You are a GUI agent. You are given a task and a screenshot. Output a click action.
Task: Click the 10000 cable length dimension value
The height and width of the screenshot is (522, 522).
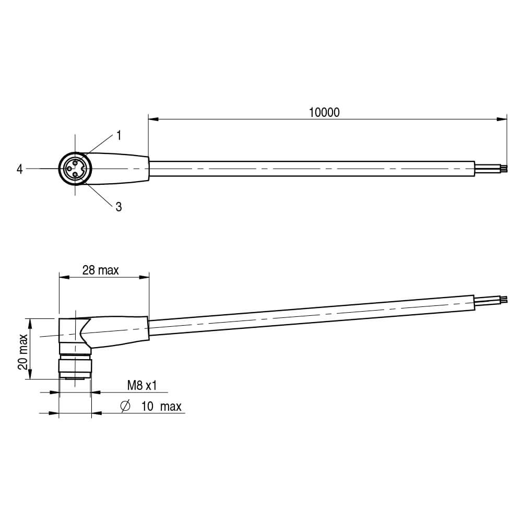(324, 113)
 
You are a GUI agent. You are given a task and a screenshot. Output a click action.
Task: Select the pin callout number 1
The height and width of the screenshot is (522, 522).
(118, 136)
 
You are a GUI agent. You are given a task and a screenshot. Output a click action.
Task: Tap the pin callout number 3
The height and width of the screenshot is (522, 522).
(118, 207)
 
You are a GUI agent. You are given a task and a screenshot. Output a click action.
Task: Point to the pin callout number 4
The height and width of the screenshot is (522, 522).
(20, 169)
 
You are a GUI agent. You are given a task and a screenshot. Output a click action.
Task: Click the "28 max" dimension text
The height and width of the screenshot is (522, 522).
(101, 270)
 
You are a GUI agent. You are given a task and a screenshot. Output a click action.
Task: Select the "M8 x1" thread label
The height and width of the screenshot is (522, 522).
(142, 386)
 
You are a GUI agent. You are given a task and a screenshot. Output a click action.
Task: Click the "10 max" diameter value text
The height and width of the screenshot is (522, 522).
(161, 407)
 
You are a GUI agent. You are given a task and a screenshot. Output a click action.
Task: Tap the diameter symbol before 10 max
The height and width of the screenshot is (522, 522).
(125, 406)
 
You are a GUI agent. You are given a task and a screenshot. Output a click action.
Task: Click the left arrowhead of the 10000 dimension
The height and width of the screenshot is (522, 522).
(153, 119)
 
